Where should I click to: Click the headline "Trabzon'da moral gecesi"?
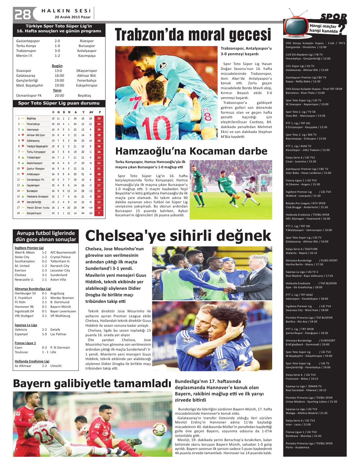193,35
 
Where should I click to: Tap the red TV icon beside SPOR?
295,26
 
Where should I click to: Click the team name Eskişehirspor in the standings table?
34,213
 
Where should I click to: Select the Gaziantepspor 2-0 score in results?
57,41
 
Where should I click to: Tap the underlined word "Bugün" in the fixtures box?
57,66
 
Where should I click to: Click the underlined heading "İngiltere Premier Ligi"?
29,248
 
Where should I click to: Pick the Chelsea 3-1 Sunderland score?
44,275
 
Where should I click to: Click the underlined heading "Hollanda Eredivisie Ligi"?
32,361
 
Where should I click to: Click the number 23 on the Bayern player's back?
43,436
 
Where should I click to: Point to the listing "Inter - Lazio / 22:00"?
298,424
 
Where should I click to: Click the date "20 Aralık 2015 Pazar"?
73,17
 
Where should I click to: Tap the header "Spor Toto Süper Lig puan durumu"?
59,103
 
